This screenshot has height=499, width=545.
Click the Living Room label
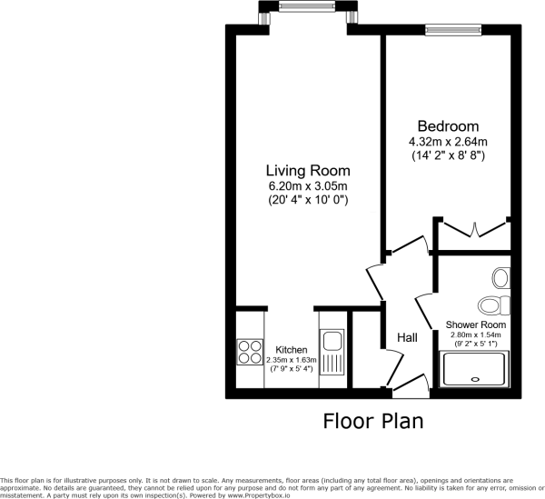pos(307,171)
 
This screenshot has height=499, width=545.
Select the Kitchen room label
pos(292,350)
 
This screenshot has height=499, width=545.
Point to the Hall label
pos(407,337)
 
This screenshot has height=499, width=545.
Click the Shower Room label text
pos(476,324)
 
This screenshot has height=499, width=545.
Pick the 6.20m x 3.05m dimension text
pos(307,185)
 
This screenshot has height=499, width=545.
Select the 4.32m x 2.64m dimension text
pos(448,141)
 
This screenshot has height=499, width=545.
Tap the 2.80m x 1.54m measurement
pos(476,334)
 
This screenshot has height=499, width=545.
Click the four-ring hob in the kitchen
pos(249,351)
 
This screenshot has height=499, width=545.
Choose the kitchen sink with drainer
pos(332,354)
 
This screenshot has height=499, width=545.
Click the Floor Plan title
pos(372,422)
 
